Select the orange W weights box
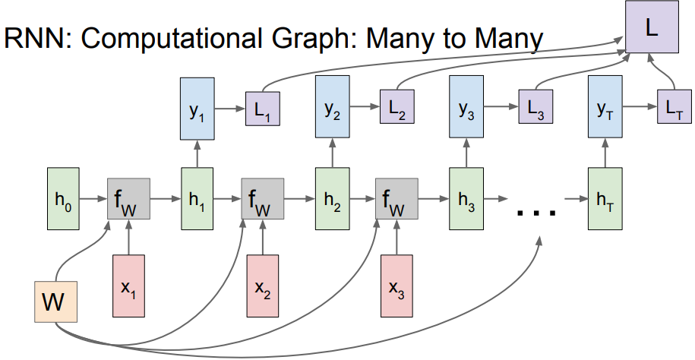55,302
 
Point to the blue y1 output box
197,112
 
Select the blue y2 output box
331,112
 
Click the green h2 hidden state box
331,201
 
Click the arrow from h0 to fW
93,201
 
